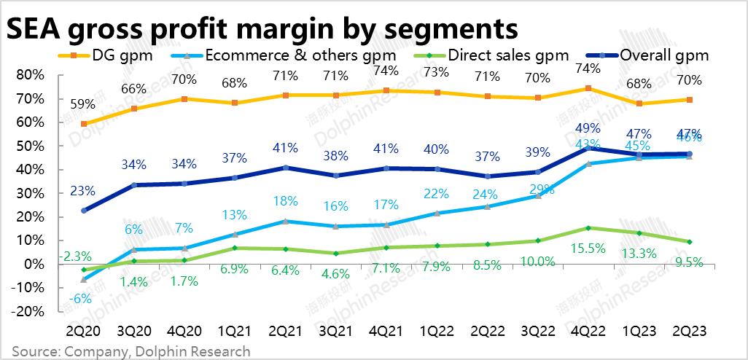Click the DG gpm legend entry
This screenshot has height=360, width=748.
coord(113,55)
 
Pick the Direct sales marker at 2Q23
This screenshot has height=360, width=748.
coord(689,242)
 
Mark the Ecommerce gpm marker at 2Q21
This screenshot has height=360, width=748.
coord(285,221)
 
